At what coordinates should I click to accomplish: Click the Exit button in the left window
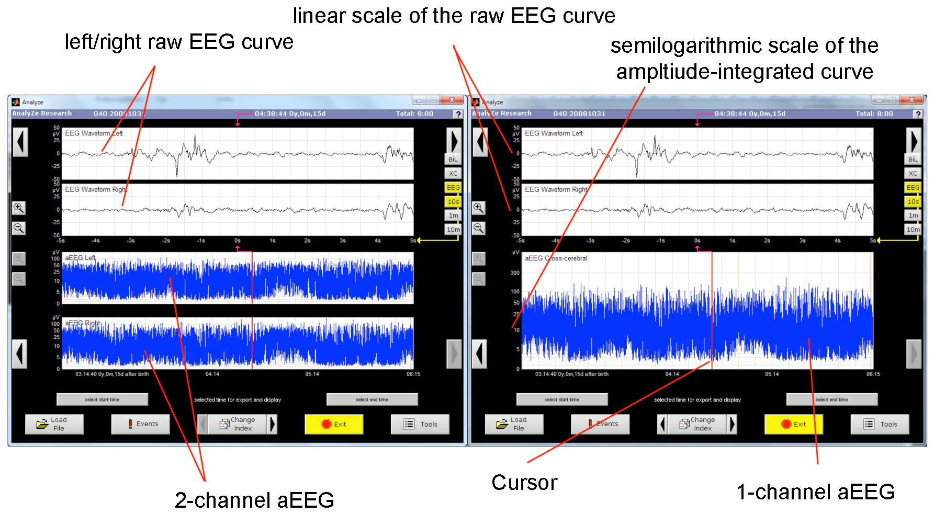pos(334,424)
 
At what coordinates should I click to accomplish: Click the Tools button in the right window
pos(880,424)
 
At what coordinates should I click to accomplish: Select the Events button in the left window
pos(141,424)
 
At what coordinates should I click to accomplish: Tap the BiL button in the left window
pos(453,159)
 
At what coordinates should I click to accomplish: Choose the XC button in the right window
pos(913,174)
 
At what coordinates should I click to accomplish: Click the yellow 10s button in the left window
pos(453,201)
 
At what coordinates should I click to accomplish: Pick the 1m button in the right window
pos(913,215)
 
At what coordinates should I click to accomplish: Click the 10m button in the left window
pos(453,230)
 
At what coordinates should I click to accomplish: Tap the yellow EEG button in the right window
pos(913,188)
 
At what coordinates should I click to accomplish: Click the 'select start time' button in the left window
pos(102,399)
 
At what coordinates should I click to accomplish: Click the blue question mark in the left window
pos(458,114)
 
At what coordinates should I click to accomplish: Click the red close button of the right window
pos(912,100)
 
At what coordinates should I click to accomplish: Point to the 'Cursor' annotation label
pos(524,483)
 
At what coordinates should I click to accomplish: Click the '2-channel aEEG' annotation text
pos(254,500)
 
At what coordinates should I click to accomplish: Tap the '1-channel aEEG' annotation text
pos(815,492)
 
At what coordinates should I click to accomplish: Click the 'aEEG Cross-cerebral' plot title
pos(556,258)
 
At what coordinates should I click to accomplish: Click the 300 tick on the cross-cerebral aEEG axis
pos(515,273)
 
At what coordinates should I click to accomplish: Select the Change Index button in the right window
pos(697,424)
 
